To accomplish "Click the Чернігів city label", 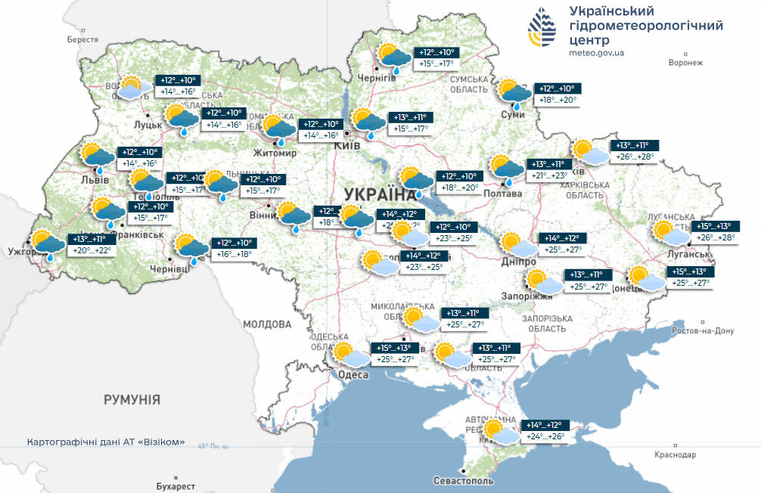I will pyautogui.click(x=377, y=79).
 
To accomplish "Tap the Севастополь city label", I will pyautogui.click(x=464, y=481).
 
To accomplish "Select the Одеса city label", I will pyautogui.click(x=353, y=375).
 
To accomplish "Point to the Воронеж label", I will pyautogui.click(x=686, y=63).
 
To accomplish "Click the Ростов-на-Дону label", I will pyautogui.click(x=703, y=331).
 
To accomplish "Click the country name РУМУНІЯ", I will pyautogui.click(x=132, y=398).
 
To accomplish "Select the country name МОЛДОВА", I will pyautogui.click(x=267, y=324).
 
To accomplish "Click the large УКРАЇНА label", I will pyautogui.click(x=374, y=194).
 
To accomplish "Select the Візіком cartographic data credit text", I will pyautogui.click(x=106, y=442).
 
